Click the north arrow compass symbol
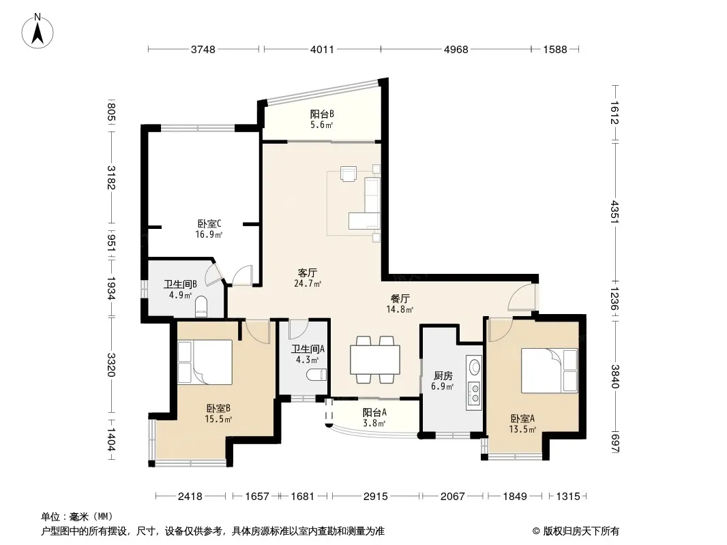pyautogui.click(x=38, y=31)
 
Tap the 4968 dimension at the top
pyautogui.click(x=456, y=49)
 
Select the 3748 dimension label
pyautogui.click(x=203, y=49)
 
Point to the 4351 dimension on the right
pyautogui.click(x=614, y=211)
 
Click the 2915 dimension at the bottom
pyautogui.click(x=376, y=497)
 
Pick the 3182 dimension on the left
pyautogui.click(x=110, y=177)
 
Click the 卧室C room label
pyautogui.click(x=209, y=224)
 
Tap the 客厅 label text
pyautogui.click(x=308, y=272)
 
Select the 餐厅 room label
pyautogui.click(x=400, y=298)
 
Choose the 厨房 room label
pyautogui.click(x=443, y=375)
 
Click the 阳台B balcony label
pyautogui.click(x=322, y=114)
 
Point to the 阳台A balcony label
pyautogui.click(x=374, y=412)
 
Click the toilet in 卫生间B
pyautogui.click(x=201, y=307)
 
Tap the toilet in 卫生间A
pyautogui.click(x=316, y=374)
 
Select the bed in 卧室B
pyautogui.click(x=205, y=362)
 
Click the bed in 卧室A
pyautogui.click(x=550, y=371)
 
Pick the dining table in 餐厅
pyautogui.click(x=375, y=360)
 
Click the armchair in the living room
pyautogui.click(x=348, y=173)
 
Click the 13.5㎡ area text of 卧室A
pyautogui.click(x=522, y=430)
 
